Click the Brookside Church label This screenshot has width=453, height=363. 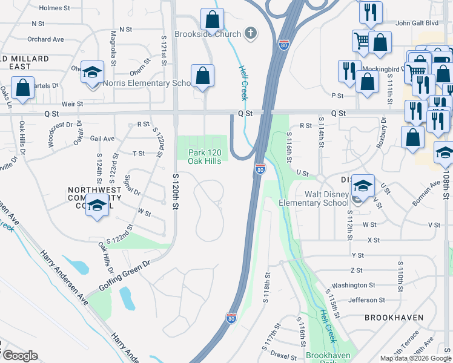point(208,34)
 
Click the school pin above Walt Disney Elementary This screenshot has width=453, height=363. point(363,185)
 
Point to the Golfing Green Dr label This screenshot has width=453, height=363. point(120,277)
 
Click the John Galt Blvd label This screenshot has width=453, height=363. point(416,23)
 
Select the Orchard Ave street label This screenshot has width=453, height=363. point(45,39)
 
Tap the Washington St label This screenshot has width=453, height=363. point(354,285)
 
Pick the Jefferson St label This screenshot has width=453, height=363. point(366,299)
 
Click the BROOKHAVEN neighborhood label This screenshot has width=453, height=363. point(389,317)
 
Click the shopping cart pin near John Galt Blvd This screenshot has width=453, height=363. point(362,41)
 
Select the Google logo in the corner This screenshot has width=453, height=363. point(20,356)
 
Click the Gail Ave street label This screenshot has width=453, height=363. point(102,139)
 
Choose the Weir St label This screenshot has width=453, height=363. point(71,104)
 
